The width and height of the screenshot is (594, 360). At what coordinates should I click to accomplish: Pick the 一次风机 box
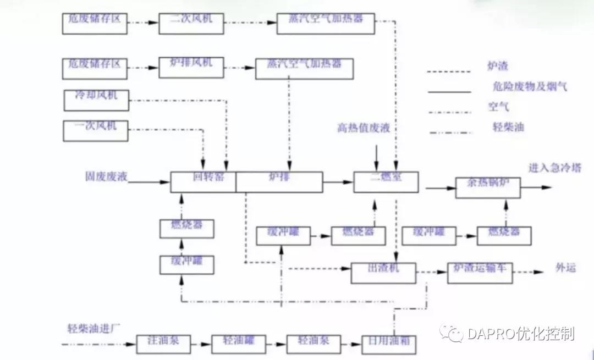96,129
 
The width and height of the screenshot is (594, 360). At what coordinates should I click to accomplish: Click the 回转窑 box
203,181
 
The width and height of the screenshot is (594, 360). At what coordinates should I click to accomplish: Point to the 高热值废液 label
364,129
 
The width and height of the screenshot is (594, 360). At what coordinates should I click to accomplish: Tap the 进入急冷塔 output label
554,168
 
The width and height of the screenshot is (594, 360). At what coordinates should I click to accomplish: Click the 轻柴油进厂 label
91,329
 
